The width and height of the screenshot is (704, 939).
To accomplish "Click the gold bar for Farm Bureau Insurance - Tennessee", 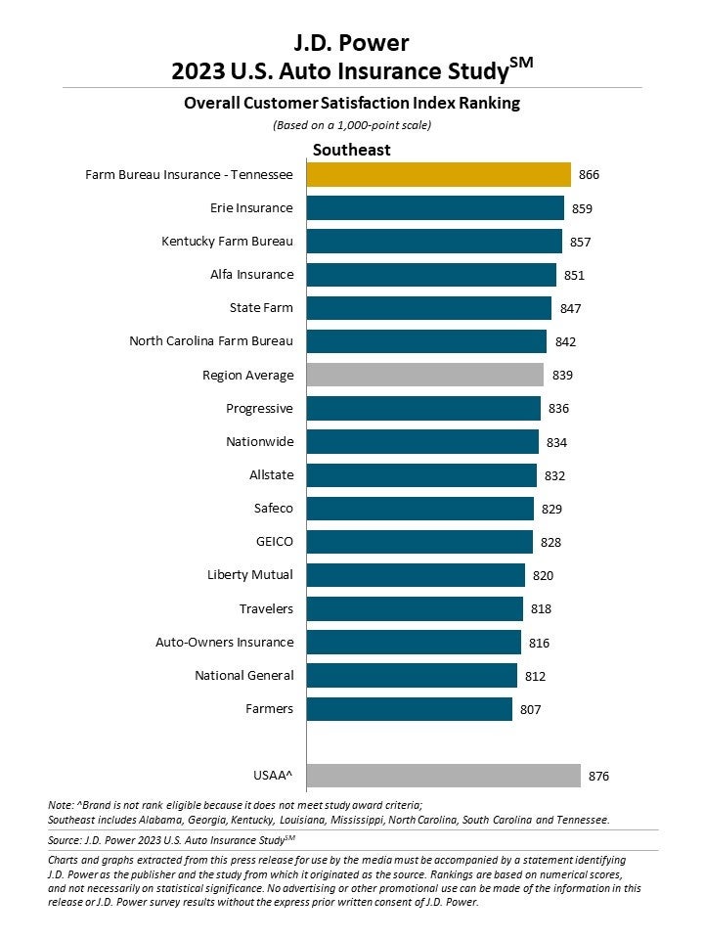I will (438, 175).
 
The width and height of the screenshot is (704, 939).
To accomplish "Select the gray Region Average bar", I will (424, 375).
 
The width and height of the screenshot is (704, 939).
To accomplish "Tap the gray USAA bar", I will (443, 776).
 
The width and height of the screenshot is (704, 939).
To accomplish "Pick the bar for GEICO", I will (419, 542).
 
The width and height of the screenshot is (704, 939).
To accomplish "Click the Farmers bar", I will (409, 708).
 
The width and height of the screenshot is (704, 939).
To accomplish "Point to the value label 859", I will (583, 208).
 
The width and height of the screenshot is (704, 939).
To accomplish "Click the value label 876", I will (598, 777).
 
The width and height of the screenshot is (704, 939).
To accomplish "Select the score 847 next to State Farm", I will (570, 309).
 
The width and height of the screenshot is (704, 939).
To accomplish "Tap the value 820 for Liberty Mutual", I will (544, 575).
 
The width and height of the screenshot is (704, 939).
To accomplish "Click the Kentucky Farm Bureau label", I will (227, 241).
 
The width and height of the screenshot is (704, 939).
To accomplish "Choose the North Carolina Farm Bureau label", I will (211, 341).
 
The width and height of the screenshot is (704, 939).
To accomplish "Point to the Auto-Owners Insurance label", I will (224, 642).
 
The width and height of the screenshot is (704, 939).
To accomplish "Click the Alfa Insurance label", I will (251, 275).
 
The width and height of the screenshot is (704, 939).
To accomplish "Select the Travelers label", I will (266, 608).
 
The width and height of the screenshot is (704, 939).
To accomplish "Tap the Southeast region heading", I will (351, 150).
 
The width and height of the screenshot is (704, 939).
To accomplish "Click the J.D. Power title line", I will (352, 42).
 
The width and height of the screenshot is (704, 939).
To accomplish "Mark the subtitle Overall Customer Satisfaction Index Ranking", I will (352, 103).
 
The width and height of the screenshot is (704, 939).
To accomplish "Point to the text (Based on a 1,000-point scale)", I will (352, 125).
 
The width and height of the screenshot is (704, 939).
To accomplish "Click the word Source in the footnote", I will (65, 839).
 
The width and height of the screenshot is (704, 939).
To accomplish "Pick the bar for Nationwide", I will (422, 442).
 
